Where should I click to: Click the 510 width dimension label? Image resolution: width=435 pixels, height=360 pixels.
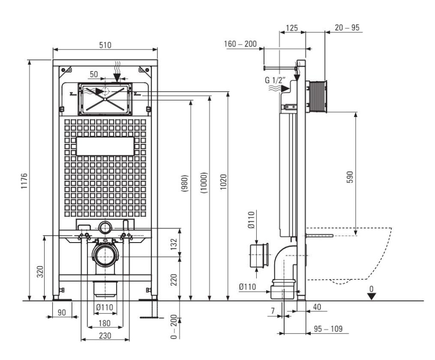tap(105, 45)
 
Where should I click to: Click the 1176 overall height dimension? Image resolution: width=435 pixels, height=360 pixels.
tap(24, 181)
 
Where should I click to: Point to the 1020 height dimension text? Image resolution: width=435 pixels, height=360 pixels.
tap(223, 182)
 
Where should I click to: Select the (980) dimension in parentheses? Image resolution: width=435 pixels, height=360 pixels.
tap(185, 183)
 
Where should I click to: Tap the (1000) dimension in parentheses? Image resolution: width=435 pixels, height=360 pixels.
tap(204, 183)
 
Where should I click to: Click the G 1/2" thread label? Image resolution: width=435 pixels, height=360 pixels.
tap(275, 81)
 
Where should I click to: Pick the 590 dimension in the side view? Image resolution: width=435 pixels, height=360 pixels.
tap(350, 177)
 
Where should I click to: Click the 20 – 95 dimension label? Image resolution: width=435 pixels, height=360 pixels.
tap(347, 28)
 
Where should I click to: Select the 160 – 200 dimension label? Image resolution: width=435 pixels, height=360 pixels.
tap(240, 44)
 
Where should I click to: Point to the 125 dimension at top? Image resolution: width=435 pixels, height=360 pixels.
tap(291, 28)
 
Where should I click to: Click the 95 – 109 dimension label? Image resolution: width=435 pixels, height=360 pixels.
tap(328, 329)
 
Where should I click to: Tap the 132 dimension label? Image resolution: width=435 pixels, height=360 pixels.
tap(174, 244)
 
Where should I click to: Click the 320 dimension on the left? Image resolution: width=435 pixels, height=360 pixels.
tap(41, 272)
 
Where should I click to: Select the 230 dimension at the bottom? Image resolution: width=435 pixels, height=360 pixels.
tap(105, 336)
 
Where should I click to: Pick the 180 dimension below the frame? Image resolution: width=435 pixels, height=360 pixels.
tap(104, 323)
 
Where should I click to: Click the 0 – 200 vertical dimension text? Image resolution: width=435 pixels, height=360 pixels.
tap(174, 326)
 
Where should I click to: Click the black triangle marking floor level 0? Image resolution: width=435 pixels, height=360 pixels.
tap(372, 297)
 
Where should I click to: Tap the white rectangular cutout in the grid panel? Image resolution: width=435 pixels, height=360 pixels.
tap(105, 146)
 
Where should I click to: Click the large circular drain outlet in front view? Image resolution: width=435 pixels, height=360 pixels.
tap(105, 256)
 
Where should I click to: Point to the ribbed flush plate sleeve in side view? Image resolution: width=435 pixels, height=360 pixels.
tap(317, 97)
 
